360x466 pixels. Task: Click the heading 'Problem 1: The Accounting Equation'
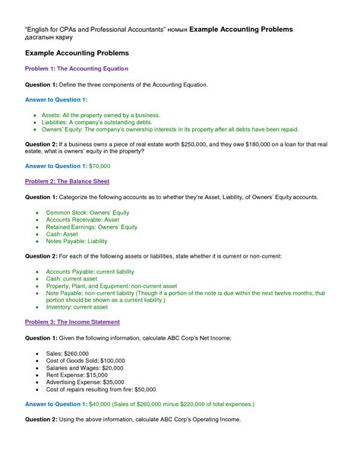(77, 68)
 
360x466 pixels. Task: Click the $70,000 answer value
(99, 166)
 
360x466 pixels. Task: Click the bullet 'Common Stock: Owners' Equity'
(90, 213)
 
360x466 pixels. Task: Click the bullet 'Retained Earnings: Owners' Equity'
(92, 227)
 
